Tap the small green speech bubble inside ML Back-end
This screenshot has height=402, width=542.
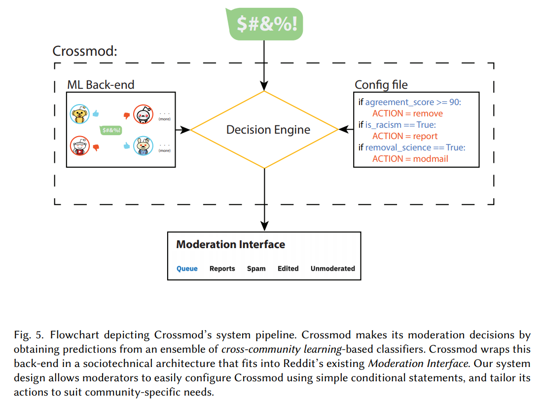111,130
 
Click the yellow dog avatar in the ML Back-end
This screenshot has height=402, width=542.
79,114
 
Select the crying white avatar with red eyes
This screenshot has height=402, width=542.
144,114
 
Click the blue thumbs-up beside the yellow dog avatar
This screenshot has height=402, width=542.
95,113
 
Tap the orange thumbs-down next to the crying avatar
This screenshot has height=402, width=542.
127,115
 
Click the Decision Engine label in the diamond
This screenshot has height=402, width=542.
268,130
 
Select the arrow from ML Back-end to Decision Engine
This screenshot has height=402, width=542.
183,130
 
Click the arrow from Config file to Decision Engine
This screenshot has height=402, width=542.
346,130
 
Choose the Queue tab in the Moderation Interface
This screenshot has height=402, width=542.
187,269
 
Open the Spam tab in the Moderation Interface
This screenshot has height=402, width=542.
256,269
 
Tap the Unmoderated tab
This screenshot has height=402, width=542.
332,269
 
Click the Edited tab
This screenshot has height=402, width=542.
288,269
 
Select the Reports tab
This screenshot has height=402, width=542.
222,269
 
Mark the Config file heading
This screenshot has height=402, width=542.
381,85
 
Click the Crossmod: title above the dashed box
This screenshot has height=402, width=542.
85,51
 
